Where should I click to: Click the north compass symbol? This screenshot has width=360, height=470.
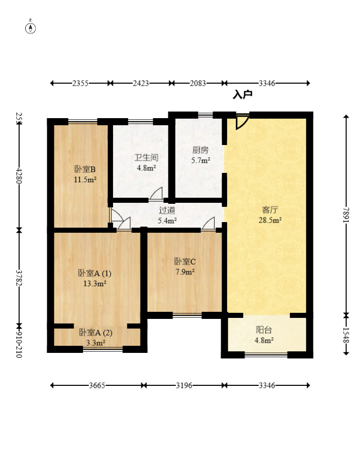point(30,28)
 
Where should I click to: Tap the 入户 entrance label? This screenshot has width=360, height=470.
point(242,95)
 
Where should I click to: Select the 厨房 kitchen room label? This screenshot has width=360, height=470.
point(200,150)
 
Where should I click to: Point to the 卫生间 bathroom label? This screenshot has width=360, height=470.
point(146,157)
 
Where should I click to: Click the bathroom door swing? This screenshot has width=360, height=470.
point(156,194)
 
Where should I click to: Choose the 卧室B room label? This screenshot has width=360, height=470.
point(85,169)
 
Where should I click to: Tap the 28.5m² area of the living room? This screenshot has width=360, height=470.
point(270,221)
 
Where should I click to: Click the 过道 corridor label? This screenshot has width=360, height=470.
point(167,210)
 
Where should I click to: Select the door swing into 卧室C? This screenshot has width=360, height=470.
point(208,224)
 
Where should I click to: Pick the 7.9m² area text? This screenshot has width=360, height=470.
point(185,272)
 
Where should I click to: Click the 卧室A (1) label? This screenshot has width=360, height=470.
point(95,273)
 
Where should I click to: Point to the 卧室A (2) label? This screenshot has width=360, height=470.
point(96,333)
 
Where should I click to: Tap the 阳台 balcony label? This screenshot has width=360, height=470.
point(264,330)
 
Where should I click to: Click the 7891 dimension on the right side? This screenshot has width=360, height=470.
point(346,215)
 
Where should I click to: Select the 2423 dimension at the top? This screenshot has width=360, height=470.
point(141,83)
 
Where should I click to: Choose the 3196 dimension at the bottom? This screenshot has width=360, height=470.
point(184,385)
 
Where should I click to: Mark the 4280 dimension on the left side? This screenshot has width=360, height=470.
point(19,175)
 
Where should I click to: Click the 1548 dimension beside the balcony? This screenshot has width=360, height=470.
point(346,335)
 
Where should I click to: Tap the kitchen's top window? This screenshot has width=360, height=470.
point(205,114)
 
